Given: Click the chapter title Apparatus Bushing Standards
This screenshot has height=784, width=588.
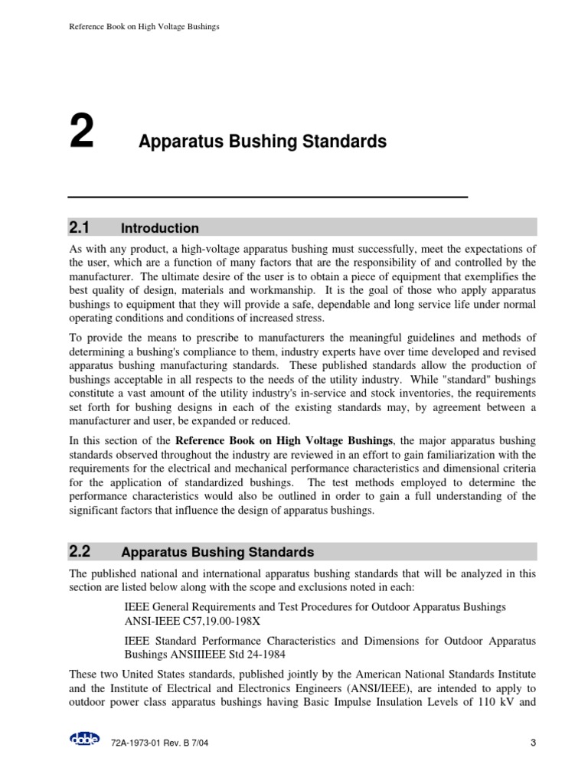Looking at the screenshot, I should [262, 142].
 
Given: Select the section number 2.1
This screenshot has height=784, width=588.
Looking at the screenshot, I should [80, 227].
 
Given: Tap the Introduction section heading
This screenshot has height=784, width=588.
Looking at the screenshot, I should [160, 228].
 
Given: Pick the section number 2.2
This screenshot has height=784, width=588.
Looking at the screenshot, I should [80, 551].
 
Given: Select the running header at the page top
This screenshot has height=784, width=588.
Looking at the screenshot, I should [144, 27].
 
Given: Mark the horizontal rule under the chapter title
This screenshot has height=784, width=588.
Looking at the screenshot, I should [268, 198].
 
